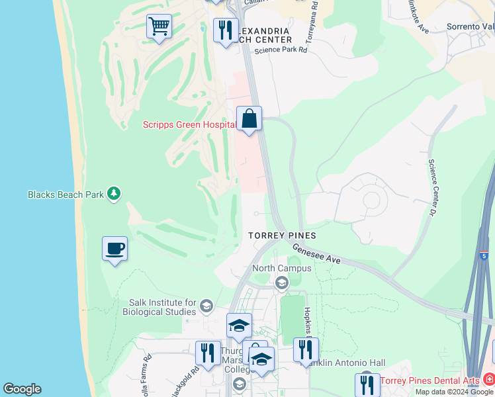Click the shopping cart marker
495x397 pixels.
click(159, 27)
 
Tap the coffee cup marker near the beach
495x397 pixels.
click(115, 249)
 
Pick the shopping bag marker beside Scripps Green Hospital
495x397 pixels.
click(249, 119)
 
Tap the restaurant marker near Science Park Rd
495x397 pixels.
click(226, 30)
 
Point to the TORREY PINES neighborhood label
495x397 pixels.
click(281, 236)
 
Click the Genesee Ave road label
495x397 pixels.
click(316, 253)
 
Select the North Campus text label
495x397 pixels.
click(282, 268)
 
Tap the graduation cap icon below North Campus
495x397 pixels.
click(281, 283)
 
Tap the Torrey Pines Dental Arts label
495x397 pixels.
click(429, 380)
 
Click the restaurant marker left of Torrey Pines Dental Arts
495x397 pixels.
click(367, 384)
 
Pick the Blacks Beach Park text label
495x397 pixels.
click(66, 195)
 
